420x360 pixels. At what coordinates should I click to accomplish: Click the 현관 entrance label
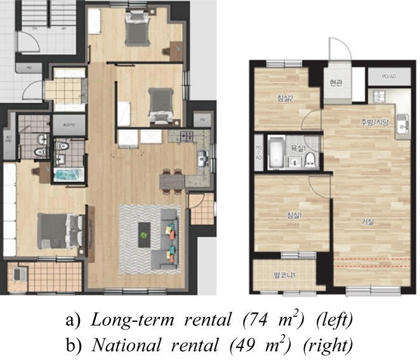point(336,82)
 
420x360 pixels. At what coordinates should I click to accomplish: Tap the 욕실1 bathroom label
point(295,146)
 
